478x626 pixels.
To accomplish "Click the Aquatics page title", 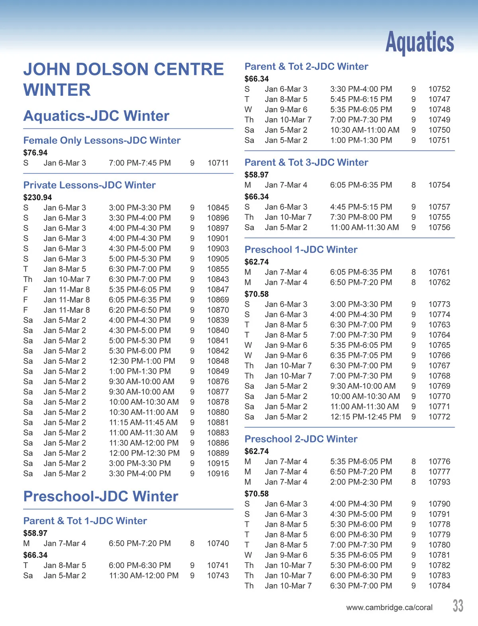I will (x=419, y=42).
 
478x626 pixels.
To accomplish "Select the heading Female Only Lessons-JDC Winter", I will (x=102, y=140).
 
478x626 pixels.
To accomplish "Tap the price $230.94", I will (x=37, y=197).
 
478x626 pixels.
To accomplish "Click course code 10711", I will (x=218, y=163).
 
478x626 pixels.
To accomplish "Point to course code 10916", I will (x=218, y=474).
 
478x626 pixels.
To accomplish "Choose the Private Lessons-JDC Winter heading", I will (x=89, y=185).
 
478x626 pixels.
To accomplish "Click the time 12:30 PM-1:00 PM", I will (x=142, y=361).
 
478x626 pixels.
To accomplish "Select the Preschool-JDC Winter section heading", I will (x=101, y=496).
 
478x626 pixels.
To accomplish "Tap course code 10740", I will (x=218, y=543).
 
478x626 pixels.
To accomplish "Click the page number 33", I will (x=458, y=606).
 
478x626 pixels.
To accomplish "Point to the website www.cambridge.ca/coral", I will (x=389, y=608).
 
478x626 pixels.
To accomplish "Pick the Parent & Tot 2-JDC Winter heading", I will (x=306, y=67).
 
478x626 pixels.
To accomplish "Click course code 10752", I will (x=439, y=89).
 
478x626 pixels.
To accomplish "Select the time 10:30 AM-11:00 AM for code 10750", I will (x=364, y=130).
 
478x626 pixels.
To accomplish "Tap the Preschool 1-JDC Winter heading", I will (x=301, y=250).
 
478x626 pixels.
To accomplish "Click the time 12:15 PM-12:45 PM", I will (x=365, y=417).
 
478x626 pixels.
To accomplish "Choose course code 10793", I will (x=439, y=482).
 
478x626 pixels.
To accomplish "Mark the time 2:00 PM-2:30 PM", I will (x=361, y=482).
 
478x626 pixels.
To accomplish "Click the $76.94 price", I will (x=35, y=153).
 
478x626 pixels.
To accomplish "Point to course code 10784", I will (x=439, y=586).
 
